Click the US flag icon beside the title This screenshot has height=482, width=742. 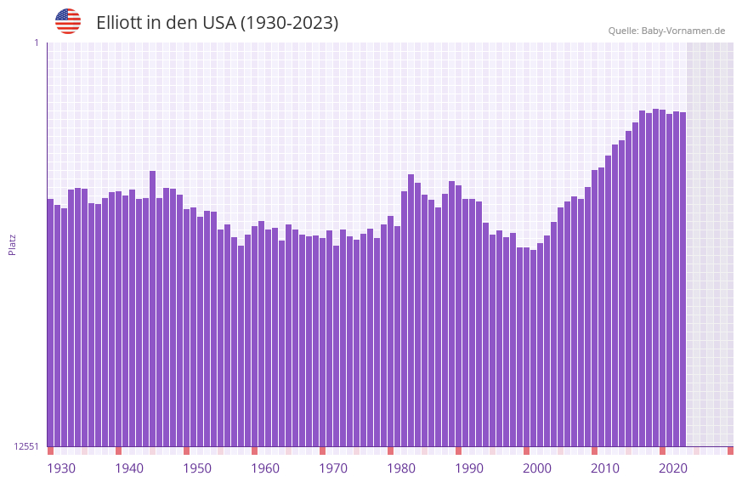tap(68, 21)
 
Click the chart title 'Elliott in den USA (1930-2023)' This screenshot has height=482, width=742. tap(217, 23)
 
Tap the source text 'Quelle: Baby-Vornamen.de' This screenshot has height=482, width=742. tap(666, 31)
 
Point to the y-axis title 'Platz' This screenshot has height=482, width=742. tap(12, 244)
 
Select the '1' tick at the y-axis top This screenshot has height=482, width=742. tap(36, 43)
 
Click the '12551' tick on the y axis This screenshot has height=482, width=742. tap(26, 446)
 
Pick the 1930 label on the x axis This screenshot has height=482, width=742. tap(61, 468)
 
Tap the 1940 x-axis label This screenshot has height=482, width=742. tap(129, 468)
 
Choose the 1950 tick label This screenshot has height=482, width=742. tap(197, 468)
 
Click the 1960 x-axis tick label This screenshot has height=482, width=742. tap(265, 468)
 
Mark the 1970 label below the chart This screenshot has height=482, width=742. tap(333, 468)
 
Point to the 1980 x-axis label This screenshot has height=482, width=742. tap(401, 468)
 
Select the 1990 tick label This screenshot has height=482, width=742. tap(469, 468)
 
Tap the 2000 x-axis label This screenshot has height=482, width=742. tap(537, 468)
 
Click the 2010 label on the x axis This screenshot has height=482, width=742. tap(605, 468)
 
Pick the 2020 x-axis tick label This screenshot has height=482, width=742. tap(673, 468)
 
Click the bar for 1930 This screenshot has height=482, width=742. tap(50, 323)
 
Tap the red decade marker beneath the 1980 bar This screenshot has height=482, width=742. tap(390, 451)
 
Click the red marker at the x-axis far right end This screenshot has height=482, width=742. tap(730, 451)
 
